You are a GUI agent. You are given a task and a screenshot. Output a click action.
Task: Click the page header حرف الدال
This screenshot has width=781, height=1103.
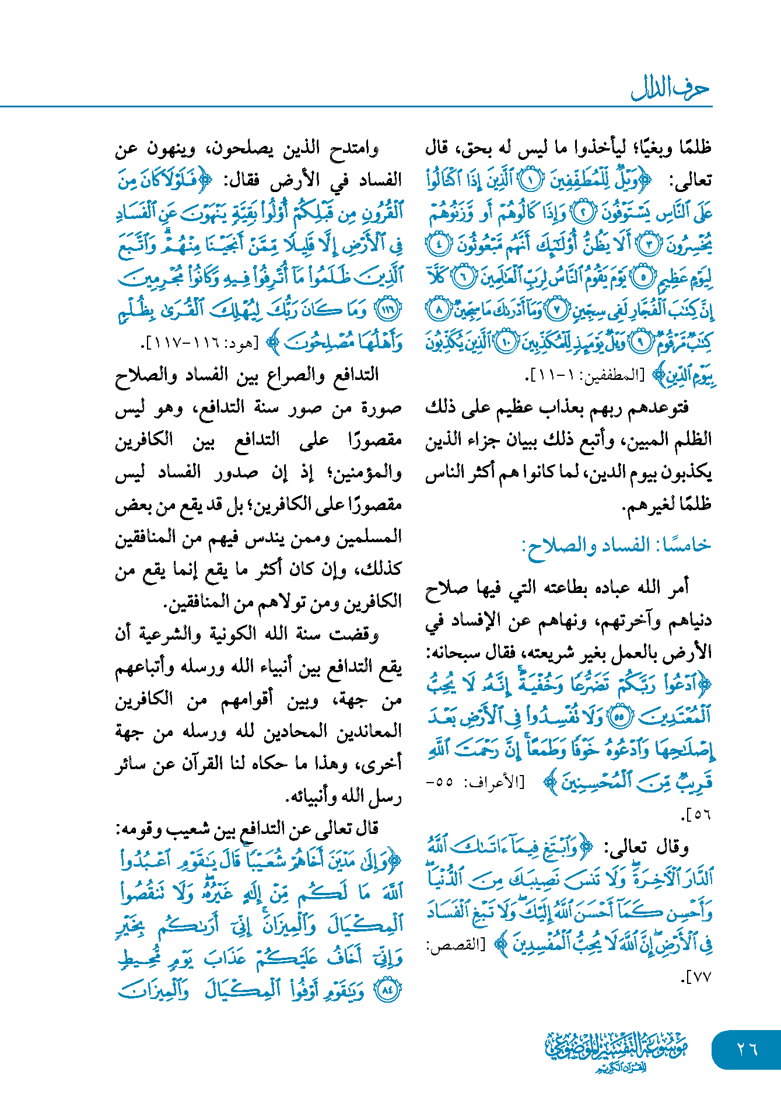click(670, 89)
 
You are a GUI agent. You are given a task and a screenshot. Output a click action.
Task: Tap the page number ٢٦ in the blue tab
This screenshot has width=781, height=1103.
click(747, 1049)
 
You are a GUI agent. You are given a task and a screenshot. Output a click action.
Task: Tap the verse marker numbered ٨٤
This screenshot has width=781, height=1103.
click(387, 990)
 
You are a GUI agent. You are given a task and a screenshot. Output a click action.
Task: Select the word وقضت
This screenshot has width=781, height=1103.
click(355, 634)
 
